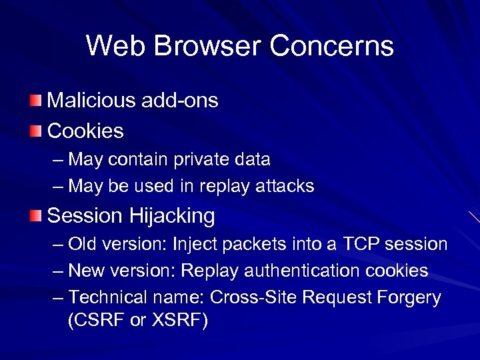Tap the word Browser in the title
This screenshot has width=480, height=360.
[200, 46]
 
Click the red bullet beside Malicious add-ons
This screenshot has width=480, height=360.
[35, 101]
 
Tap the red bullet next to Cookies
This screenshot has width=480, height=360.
[35, 130]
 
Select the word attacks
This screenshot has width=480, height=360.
[285, 186]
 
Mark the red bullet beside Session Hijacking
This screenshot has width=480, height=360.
[35, 215]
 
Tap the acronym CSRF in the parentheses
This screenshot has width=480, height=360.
[99, 320]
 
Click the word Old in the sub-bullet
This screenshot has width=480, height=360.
[82, 244]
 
